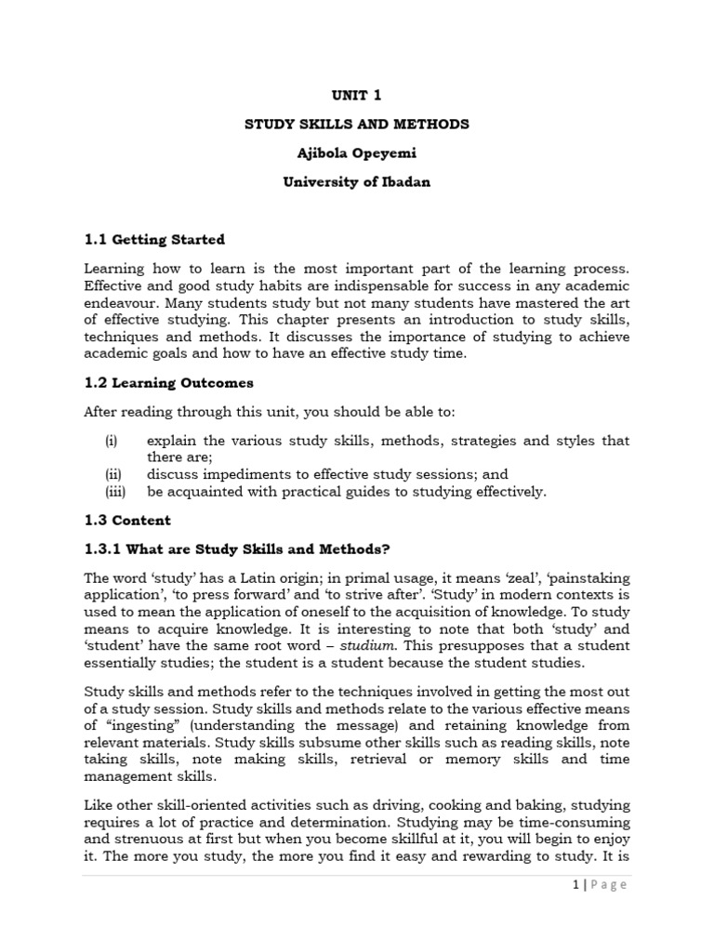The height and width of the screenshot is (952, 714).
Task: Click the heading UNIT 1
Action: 357,95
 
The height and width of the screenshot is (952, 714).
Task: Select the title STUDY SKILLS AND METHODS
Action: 357,124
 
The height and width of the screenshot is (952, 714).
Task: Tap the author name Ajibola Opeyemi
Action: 357,153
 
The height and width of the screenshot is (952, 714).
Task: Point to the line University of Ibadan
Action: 357,182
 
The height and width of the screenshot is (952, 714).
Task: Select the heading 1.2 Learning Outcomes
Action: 168,382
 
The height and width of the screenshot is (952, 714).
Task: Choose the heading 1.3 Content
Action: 127,520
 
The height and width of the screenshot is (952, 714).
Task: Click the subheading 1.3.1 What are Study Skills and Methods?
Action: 231,549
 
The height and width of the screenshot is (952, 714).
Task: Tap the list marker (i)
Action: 111,440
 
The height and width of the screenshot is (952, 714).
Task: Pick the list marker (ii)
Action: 112,474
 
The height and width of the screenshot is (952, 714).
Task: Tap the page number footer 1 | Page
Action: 599,884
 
